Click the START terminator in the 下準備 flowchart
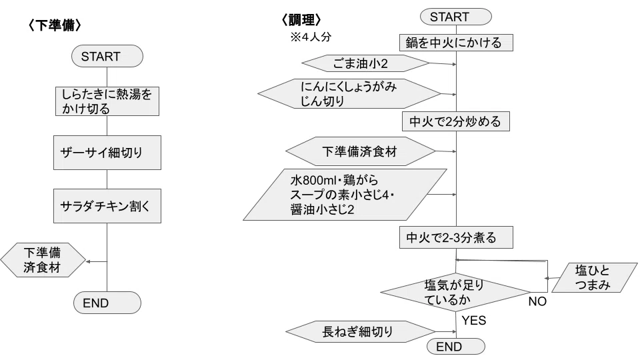click(x=107, y=56)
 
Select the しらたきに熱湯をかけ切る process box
click(x=107, y=101)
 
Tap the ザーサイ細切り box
click(x=107, y=153)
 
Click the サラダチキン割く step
click(x=107, y=206)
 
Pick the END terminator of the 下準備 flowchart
click(x=107, y=303)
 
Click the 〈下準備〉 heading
click(x=55, y=25)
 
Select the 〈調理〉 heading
click(x=301, y=19)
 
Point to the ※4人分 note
click(x=311, y=37)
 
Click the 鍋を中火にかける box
click(x=456, y=43)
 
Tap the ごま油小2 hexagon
click(x=365, y=64)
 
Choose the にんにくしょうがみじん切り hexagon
click(x=349, y=94)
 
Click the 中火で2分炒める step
click(x=455, y=121)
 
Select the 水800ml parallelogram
click(x=345, y=195)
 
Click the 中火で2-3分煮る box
click(x=456, y=237)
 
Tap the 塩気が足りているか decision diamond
click(x=455, y=292)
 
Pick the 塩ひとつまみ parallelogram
click(x=594, y=277)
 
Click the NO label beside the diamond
click(x=537, y=301)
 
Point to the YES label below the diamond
click(x=474, y=321)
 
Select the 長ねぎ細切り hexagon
click(x=361, y=331)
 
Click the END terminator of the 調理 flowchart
click(x=456, y=347)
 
